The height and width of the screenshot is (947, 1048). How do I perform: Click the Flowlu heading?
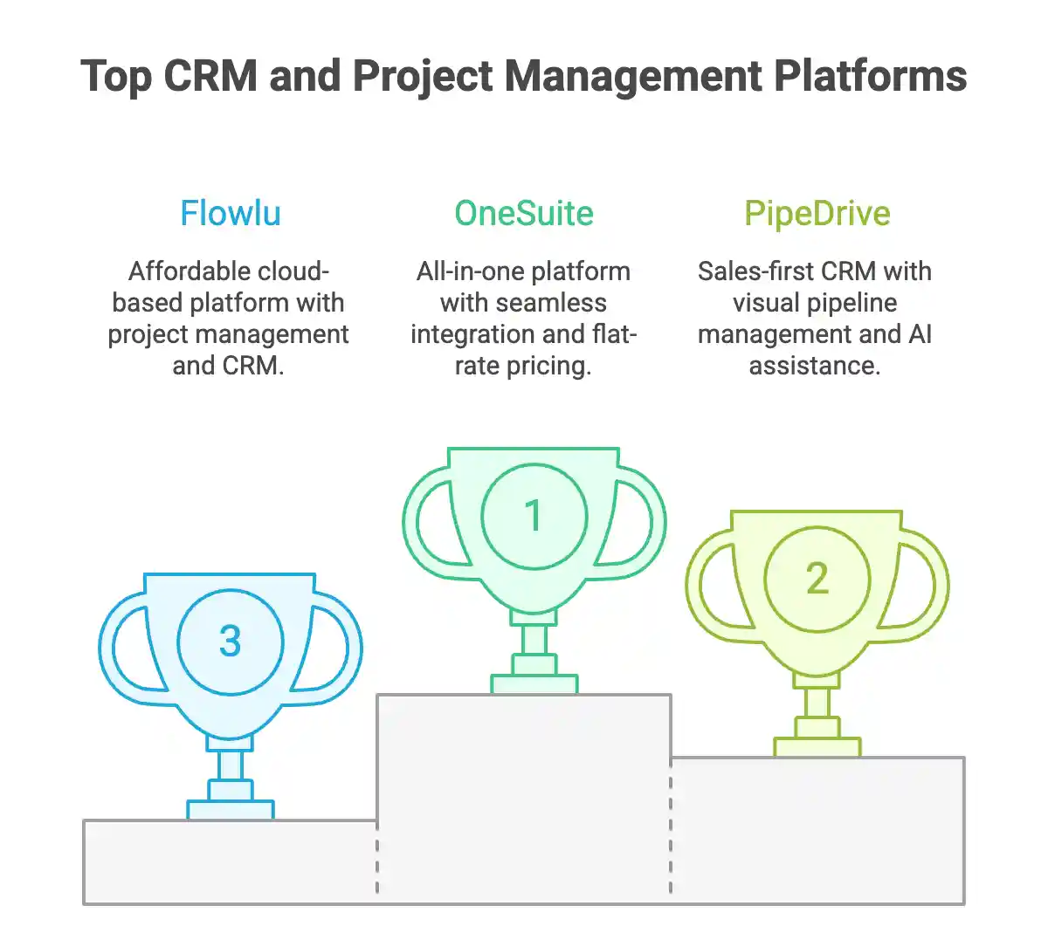[x=231, y=214]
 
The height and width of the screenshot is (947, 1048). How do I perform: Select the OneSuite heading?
[x=524, y=214]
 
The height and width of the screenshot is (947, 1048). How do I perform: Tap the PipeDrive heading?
[x=817, y=214]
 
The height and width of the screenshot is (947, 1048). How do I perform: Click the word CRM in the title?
[x=210, y=76]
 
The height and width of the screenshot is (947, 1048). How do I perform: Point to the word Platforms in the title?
[x=871, y=76]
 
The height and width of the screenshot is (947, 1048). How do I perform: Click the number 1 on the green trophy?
[x=534, y=516]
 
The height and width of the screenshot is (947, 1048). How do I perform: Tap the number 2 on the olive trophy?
[x=817, y=578]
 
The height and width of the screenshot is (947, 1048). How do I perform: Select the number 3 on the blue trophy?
[x=231, y=642]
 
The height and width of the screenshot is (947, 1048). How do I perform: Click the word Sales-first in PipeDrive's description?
[x=755, y=271]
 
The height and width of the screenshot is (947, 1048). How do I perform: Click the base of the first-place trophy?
[x=534, y=683]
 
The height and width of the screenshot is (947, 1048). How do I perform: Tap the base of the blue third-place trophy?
[x=231, y=809]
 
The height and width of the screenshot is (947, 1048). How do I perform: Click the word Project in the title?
[x=423, y=76]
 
